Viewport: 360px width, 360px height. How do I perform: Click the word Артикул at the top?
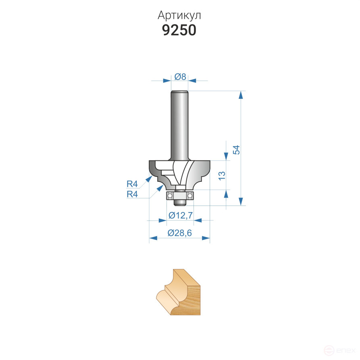coord(179,15)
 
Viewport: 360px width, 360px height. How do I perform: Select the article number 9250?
coord(179,30)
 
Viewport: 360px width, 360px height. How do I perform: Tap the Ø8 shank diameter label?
coord(180,76)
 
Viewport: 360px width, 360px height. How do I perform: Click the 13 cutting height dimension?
coord(221,175)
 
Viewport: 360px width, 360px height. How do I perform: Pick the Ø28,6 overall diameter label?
coord(179,233)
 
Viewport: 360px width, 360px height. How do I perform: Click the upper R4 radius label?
coord(132,184)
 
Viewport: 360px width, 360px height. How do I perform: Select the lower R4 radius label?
coord(132,194)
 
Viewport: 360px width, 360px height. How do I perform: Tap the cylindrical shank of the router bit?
coord(180,125)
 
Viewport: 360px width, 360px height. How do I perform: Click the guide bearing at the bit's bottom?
coord(180,196)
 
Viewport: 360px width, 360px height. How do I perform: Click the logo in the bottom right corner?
coord(343,351)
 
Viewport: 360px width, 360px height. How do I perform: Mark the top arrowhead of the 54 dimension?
coord(241,95)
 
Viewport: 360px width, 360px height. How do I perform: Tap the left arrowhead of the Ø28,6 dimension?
coord(153,238)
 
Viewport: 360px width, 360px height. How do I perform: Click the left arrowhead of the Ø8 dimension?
coord(167,81)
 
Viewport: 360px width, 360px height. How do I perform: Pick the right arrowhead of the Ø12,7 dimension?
coord(198,221)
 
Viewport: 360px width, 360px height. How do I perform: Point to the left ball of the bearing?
coord(171,196)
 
